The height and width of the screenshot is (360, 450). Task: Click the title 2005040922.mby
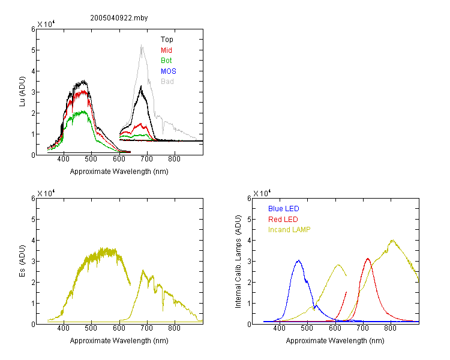pyautogui.click(x=119, y=18)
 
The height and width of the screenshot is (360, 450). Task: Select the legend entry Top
pyautogui.click(x=167, y=40)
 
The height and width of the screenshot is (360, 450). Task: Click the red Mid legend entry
pyautogui.click(x=166, y=50)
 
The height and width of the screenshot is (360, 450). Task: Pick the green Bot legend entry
pyautogui.click(x=166, y=61)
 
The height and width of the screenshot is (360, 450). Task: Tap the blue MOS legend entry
pyautogui.click(x=169, y=71)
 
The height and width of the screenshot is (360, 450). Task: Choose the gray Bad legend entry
pyautogui.click(x=167, y=82)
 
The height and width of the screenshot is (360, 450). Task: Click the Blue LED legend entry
pyautogui.click(x=284, y=209)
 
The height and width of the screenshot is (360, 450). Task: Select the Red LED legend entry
pyautogui.click(x=283, y=220)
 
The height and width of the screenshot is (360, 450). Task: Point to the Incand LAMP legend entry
pyautogui.click(x=289, y=230)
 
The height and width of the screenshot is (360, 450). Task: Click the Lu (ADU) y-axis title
pyautogui.click(x=22, y=92)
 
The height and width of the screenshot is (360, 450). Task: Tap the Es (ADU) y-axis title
pyautogui.click(x=22, y=261)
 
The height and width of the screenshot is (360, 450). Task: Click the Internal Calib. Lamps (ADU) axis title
pyautogui.click(x=238, y=262)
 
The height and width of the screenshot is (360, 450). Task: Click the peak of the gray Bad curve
pyautogui.click(x=142, y=45)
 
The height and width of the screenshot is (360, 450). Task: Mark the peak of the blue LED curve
pyautogui.click(x=299, y=260)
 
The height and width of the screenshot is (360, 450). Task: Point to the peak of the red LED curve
pyautogui.click(x=368, y=259)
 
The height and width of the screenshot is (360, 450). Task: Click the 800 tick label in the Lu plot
pyautogui.click(x=174, y=159)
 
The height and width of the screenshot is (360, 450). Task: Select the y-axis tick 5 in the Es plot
pyautogui.click(x=33, y=220)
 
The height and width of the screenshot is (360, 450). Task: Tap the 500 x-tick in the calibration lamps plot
pyautogui.click(x=307, y=328)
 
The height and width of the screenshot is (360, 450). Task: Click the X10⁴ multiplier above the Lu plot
pyautogui.click(x=46, y=24)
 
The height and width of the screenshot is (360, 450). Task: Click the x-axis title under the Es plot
pyautogui.click(x=119, y=341)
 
